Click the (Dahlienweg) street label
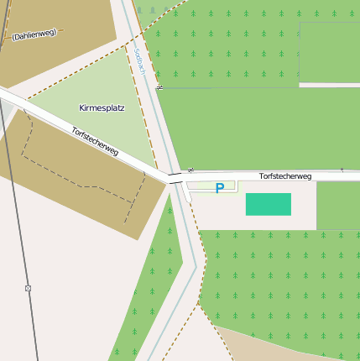pyautogui.click(x=34, y=34)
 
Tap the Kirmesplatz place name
pyautogui.click(x=101, y=109)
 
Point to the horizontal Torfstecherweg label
pyautogui.click(x=285, y=176)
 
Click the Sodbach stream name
pyautogui.click(x=139, y=60)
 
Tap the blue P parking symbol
pyautogui.click(x=220, y=188)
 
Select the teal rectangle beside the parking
pyautogui.click(x=268, y=204)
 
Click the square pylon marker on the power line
pyautogui.click(x=28, y=288)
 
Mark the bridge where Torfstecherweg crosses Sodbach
pyautogui.click(x=175, y=178)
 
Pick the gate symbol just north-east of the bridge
pyautogui.click(x=190, y=170)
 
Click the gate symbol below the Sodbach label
pyautogui.click(x=159, y=86)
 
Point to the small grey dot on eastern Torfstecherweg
pyautogui.click(x=342, y=170)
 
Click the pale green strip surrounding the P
pyautogui.click(x=201, y=186)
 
